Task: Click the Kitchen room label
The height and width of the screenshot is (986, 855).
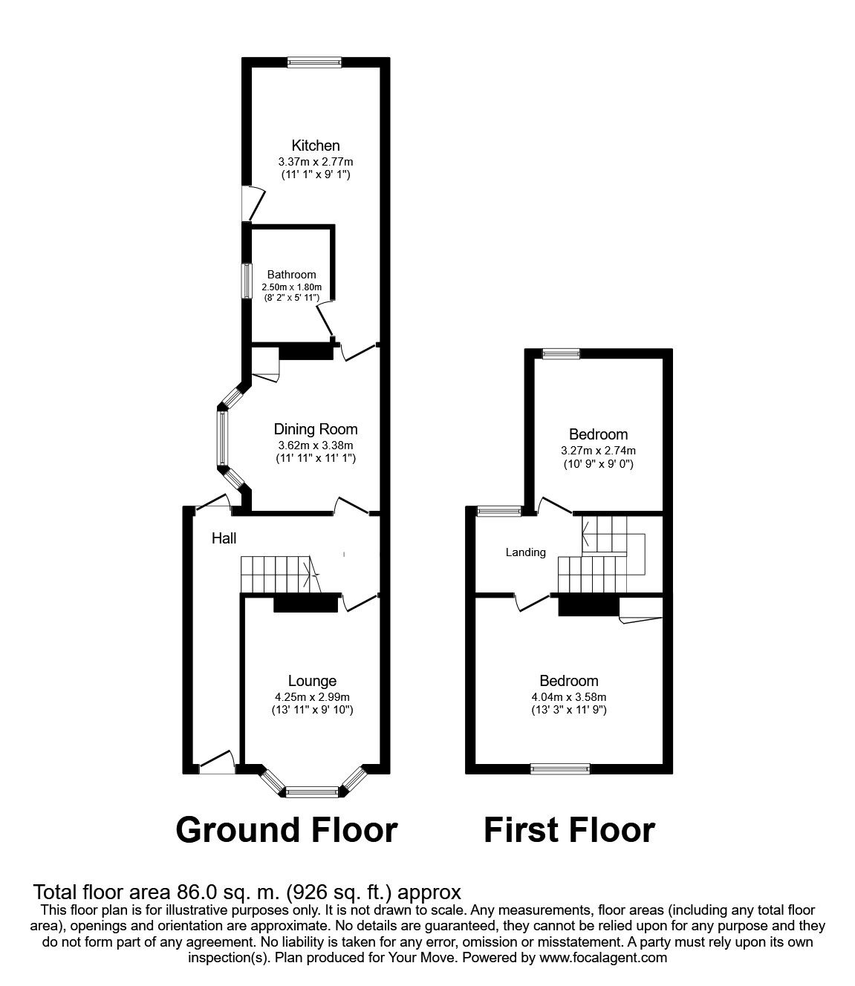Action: [x=316, y=146]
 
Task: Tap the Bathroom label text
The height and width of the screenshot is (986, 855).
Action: [x=291, y=274]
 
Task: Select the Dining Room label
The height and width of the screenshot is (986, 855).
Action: [x=316, y=429]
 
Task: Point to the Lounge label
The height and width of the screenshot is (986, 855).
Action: [x=312, y=681]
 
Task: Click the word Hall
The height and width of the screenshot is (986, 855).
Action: [x=224, y=538]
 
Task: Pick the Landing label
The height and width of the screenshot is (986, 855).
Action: [x=526, y=552]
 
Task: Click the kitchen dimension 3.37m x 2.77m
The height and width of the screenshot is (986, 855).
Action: [x=316, y=162]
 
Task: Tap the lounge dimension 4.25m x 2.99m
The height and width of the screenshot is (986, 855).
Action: [x=312, y=697]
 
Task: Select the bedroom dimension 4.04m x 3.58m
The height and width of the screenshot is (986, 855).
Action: [x=569, y=697]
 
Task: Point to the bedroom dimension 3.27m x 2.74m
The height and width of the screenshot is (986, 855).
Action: [x=598, y=450]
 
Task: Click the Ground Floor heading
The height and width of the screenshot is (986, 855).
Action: [x=287, y=831]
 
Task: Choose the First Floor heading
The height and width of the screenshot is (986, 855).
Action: [x=569, y=831]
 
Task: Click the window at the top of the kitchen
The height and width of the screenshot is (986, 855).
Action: [x=315, y=62]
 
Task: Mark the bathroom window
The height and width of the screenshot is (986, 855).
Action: [x=247, y=281]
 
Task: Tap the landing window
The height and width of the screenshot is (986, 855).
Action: [x=500, y=512]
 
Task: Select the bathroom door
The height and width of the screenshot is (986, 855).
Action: [x=325, y=319]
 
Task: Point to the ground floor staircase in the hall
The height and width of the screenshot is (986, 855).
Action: [x=280, y=574]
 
